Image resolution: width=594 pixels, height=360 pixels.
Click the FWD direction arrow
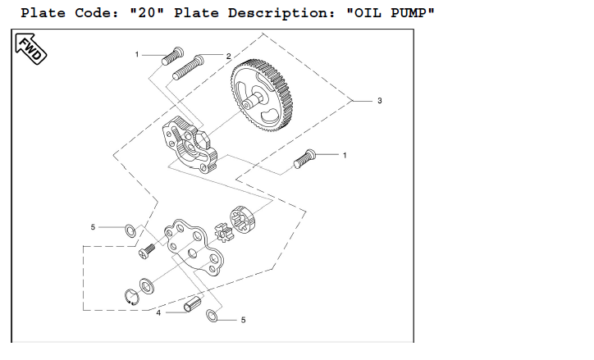pos(30,49)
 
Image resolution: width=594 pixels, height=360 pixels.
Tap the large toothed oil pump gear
pos(262,95)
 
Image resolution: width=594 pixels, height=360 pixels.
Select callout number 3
pos(380,101)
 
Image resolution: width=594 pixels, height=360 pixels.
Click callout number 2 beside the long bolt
pos(228,57)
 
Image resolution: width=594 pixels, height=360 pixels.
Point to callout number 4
pos(158,313)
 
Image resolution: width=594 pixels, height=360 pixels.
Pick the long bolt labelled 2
pos(188,68)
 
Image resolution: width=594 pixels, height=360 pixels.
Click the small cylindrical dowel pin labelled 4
pos(193,304)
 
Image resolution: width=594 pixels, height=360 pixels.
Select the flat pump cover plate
pos(194,247)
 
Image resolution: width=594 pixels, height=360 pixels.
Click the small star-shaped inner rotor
pos(223,232)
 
